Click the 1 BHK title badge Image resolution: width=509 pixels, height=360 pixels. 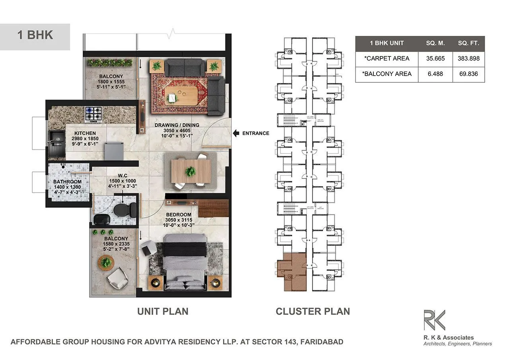(x=35, y=35)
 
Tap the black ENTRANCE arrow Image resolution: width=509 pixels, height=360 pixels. (x=235, y=133)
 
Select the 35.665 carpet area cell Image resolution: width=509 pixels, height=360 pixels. (x=435, y=58)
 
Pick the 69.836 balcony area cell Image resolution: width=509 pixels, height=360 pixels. (x=469, y=74)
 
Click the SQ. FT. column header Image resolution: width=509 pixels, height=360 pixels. (x=469, y=43)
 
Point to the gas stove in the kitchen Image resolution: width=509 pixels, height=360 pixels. (x=93, y=115)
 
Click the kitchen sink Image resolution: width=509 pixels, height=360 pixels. (x=55, y=142)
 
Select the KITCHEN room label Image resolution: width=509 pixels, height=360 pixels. (x=85, y=133)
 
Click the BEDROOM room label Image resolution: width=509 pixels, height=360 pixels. (x=179, y=215)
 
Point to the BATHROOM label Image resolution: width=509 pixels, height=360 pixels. (x=67, y=182)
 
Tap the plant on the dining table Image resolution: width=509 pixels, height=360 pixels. (x=190, y=171)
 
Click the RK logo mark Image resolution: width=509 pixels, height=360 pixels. (x=434, y=320)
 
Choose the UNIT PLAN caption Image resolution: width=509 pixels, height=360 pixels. (x=163, y=311)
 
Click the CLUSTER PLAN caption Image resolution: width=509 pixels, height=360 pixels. (x=313, y=311)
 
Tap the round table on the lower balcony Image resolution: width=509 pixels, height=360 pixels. (x=106, y=263)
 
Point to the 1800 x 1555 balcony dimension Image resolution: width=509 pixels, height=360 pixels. (x=111, y=82)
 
